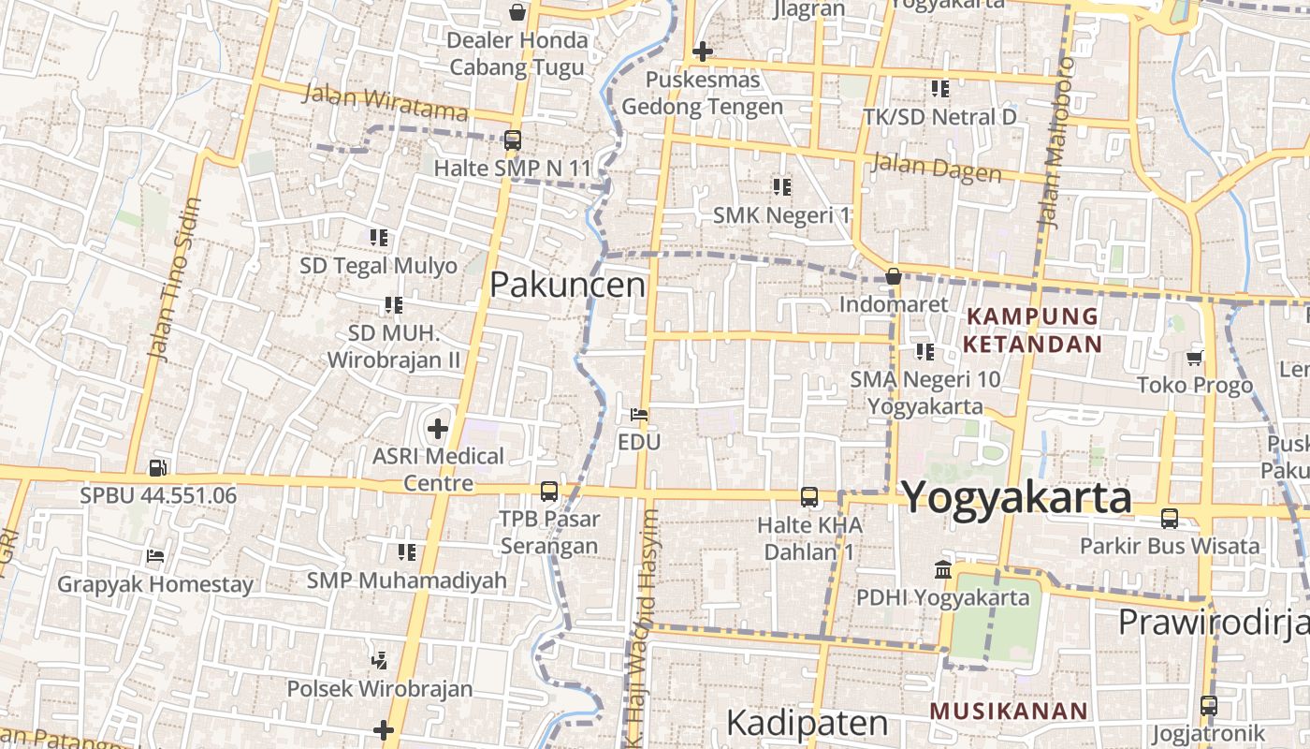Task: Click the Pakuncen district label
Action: click(x=567, y=285)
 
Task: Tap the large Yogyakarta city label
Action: click(x=1016, y=497)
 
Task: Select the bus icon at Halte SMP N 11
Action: click(x=512, y=140)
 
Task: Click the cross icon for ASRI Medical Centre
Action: click(x=437, y=430)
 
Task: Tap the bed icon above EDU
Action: click(x=639, y=414)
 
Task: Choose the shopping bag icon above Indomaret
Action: click(x=894, y=276)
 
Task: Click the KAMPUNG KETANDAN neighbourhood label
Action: click(x=1033, y=330)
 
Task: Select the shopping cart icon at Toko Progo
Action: click(x=1194, y=357)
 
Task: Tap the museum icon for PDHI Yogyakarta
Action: click(x=942, y=569)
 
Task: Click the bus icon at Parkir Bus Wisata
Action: click(x=1170, y=518)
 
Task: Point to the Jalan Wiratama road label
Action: click(x=385, y=102)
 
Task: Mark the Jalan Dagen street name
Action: click(x=936, y=168)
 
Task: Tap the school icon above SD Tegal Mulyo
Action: click(x=378, y=238)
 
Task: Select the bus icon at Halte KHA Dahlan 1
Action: click(x=809, y=497)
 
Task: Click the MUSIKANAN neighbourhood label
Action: click(x=1009, y=711)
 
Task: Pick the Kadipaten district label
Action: click(x=807, y=723)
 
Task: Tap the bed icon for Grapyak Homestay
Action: click(x=155, y=556)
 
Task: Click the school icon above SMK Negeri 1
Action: click(x=781, y=187)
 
